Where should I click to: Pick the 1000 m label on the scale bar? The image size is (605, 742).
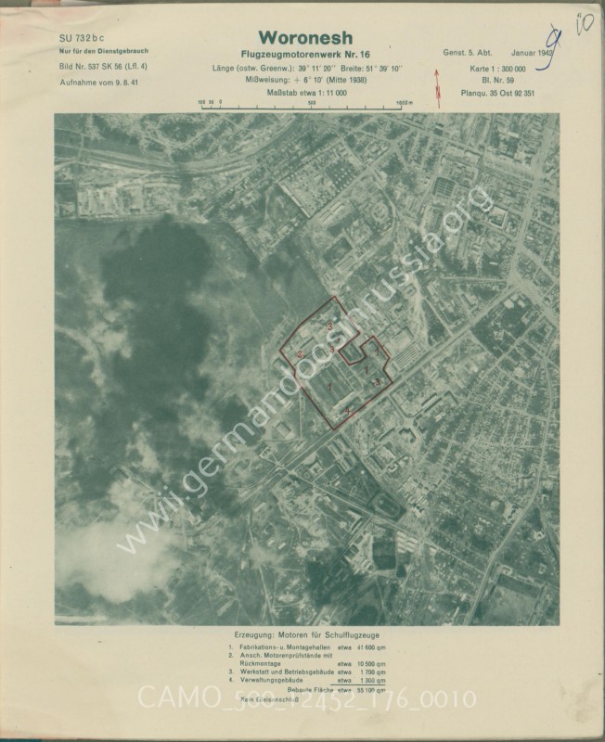pos(403,104)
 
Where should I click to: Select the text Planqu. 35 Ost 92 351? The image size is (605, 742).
pos(496,94)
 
